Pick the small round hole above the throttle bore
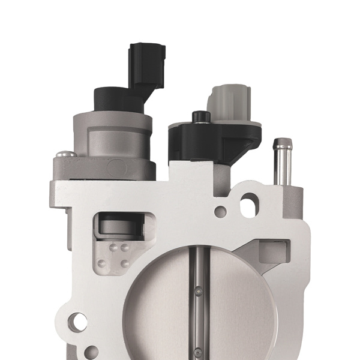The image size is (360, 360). tap(221, 211)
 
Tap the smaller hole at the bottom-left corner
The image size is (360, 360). tap(91, 352)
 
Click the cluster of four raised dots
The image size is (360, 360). tap(116, 255)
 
